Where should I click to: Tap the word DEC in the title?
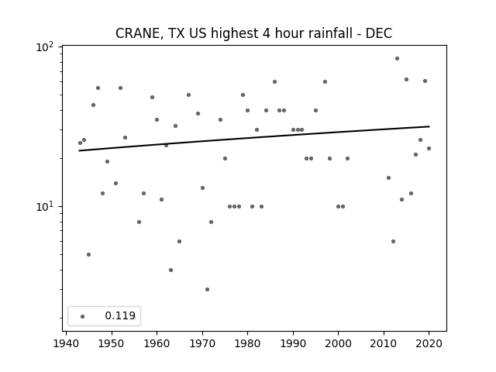point(379,33)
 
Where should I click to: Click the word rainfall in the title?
point(330,33)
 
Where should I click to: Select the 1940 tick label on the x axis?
point(66,343)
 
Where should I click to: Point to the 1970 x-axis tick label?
point(202,343)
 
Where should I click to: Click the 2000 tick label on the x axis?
point(338,343)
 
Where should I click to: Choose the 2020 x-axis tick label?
point(429,343)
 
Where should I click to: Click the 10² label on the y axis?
point(45,47)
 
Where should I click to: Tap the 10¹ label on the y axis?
point(45,207)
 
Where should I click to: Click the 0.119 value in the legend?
point(120,315)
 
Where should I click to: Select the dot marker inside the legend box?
point(83,316)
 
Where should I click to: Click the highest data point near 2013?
point(397,59)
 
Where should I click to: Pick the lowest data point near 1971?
point(207,289)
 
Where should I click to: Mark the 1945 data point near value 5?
point(88,255)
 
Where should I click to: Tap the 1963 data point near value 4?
point(170,270)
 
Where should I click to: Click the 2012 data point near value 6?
point(393,241)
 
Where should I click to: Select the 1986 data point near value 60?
point(274,82)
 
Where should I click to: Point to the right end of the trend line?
point(429,126)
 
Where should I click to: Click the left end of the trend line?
point(79,150)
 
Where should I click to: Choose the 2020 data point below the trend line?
point(429,148)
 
